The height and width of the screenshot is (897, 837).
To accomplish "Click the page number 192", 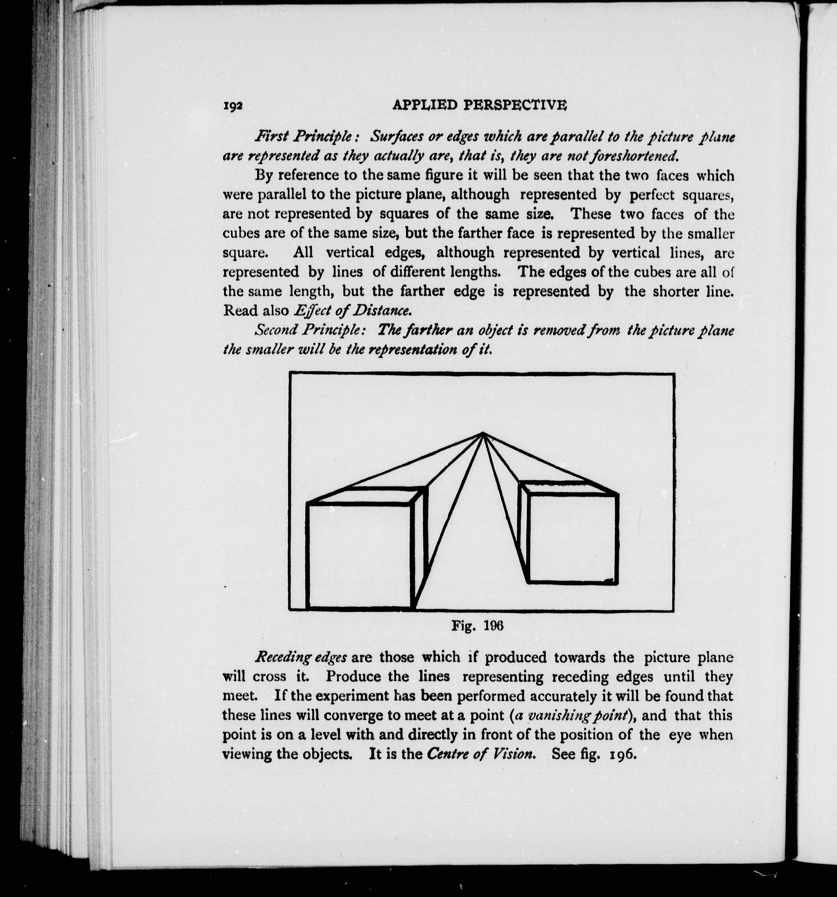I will tap(233, 106).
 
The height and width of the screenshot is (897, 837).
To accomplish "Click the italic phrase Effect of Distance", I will tap(352, 311).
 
